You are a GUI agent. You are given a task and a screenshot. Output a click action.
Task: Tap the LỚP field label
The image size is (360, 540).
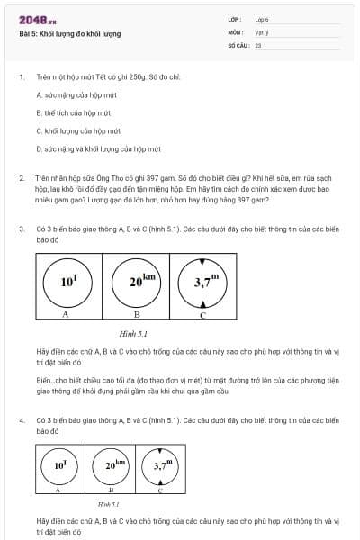coord(235,19)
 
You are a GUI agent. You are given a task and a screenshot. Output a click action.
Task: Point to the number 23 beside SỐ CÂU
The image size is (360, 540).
coord(258,44)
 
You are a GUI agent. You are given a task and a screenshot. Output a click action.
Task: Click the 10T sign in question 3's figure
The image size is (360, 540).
coord(68,281)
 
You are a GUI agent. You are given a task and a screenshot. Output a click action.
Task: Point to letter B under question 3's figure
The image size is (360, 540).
coord(137,316)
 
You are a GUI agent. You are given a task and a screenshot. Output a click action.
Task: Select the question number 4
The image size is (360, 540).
coord(22,420)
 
